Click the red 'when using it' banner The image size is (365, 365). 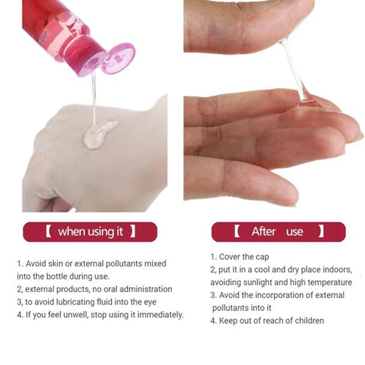click(90, 232)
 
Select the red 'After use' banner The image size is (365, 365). click(278, 232)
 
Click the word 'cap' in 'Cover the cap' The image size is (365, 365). click(262, 257)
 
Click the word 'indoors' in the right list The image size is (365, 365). click(337, 270)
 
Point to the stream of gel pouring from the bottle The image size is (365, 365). click(94, 99)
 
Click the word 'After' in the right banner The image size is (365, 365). click(263, 232)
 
